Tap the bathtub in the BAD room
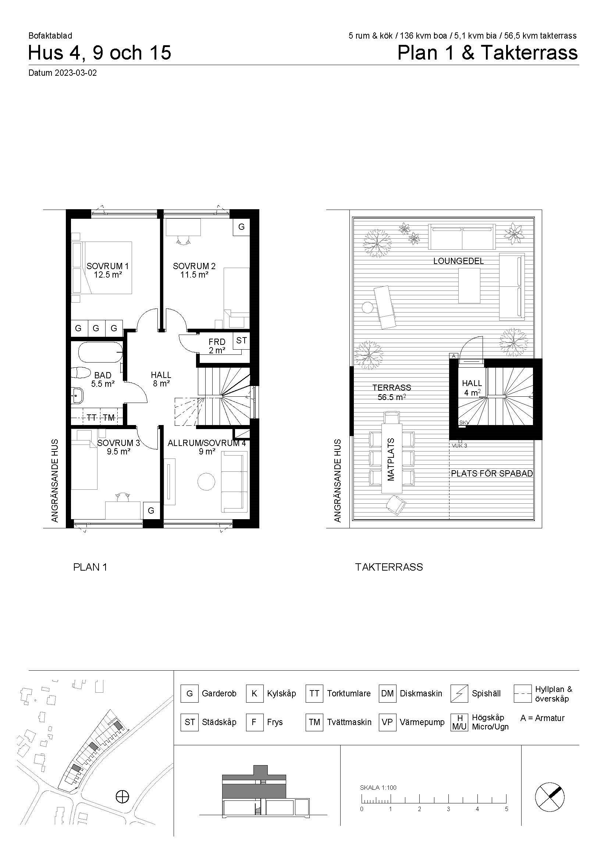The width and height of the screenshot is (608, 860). pos(100,352)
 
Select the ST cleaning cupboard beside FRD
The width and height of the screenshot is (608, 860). pos(242,340)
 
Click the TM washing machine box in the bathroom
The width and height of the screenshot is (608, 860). pos(109,417)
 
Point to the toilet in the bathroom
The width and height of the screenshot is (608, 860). pos(81,373)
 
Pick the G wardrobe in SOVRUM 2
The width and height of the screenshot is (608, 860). pos(242,226)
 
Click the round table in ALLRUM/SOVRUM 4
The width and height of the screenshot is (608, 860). pos(206,482)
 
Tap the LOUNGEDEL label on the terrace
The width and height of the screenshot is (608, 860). pos(459,261)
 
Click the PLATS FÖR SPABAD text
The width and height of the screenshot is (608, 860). pos(491,474)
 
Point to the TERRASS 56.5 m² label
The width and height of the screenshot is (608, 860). pos(392,392)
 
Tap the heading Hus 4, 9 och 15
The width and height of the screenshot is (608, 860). pos(100,53)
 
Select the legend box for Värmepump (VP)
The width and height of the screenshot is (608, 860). pos(387,722)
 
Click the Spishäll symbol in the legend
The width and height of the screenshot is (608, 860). pos(459,694)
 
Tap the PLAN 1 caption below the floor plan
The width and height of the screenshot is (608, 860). pos(90,567)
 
